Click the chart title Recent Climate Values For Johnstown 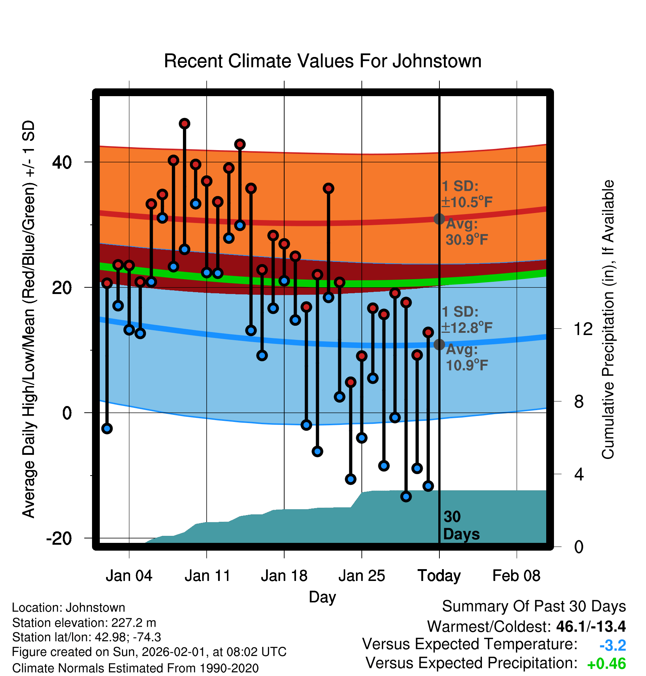tap(323, 61)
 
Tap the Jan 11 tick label tap(207, 576)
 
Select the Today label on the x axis tap(439, 576)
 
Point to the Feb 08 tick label tap(516, 576)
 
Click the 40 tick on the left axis tap(62, 162)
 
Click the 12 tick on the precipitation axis tap(583, 329)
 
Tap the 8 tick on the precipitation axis tap(579, 402)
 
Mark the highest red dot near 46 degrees tap(184, 124)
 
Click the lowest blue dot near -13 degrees tap(406, 496)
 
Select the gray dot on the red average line tap(439, 219)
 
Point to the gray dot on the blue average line tap(439, 344)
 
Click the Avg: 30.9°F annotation tap(466, 232)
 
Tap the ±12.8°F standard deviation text tap(467, 328)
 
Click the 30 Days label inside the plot tap(461, 525)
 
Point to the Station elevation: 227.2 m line tap(84, 623)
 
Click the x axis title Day tap(322, 597)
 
